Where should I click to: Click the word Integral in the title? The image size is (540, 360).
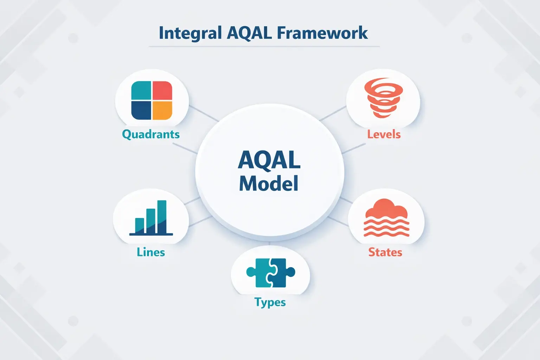[190, 33]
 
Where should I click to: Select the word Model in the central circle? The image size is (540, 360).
[269, 184]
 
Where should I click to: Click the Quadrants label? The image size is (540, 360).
[151, 134]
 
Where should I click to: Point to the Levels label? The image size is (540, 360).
[384, 134]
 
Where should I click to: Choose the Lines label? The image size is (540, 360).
[151, 252]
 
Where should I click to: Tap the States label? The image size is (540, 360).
[385, 252]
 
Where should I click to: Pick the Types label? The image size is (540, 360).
[270, 302]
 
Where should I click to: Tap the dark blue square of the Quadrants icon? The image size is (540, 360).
[141, 110]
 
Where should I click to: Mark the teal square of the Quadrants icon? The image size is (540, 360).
[141, 91]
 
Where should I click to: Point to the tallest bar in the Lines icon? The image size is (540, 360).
[162, 217]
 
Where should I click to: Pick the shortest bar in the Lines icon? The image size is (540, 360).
[140, 225]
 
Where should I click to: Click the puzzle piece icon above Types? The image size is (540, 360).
[271, 273]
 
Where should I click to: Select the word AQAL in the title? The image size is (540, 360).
[250, 33]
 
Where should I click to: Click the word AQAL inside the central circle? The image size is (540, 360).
[269, 160]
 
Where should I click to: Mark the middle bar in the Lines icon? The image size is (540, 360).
[151, 221]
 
